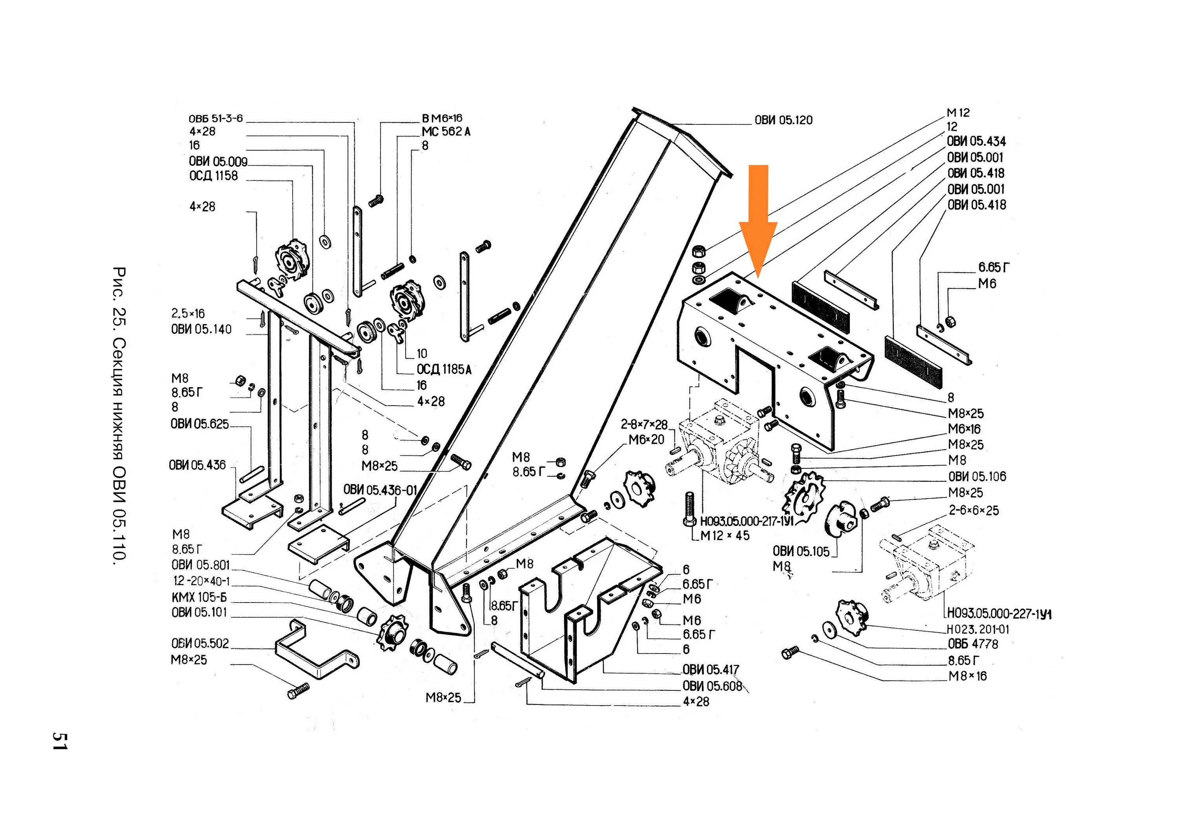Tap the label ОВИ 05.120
pyautogui.click(x=783, y=120)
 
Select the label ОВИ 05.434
pyautogui.click(x=976, y=142)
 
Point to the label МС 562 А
pyautogui.click(x=446, y=132)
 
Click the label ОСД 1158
pyautogui.click(x=213, y=176)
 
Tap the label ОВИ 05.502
pyautogui.click(x=200, y=643)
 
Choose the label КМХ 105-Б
pyautogui.click(x=199, y=597)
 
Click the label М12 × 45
pyautogui.click(x=725, y=536)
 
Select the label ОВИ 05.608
pyautogui.click(x=712, y=686)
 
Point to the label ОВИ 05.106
pyautogui.click(x=977, y=477)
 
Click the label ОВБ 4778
pyautogui.click(x=973, y=644)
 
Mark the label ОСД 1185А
pyautogui.click(x=444, y=370)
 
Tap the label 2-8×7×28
pyautogui.click(x=644, y=424)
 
